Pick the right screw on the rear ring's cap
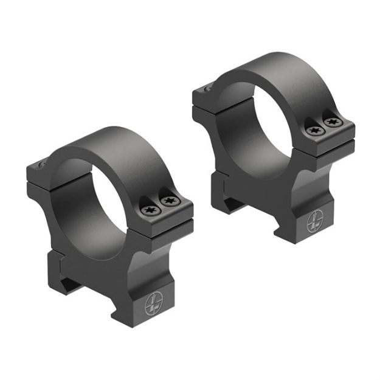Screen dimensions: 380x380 click(332, 122)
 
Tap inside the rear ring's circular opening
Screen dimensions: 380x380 click(255, 128)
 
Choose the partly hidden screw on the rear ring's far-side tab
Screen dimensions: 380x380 click(207, 88)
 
